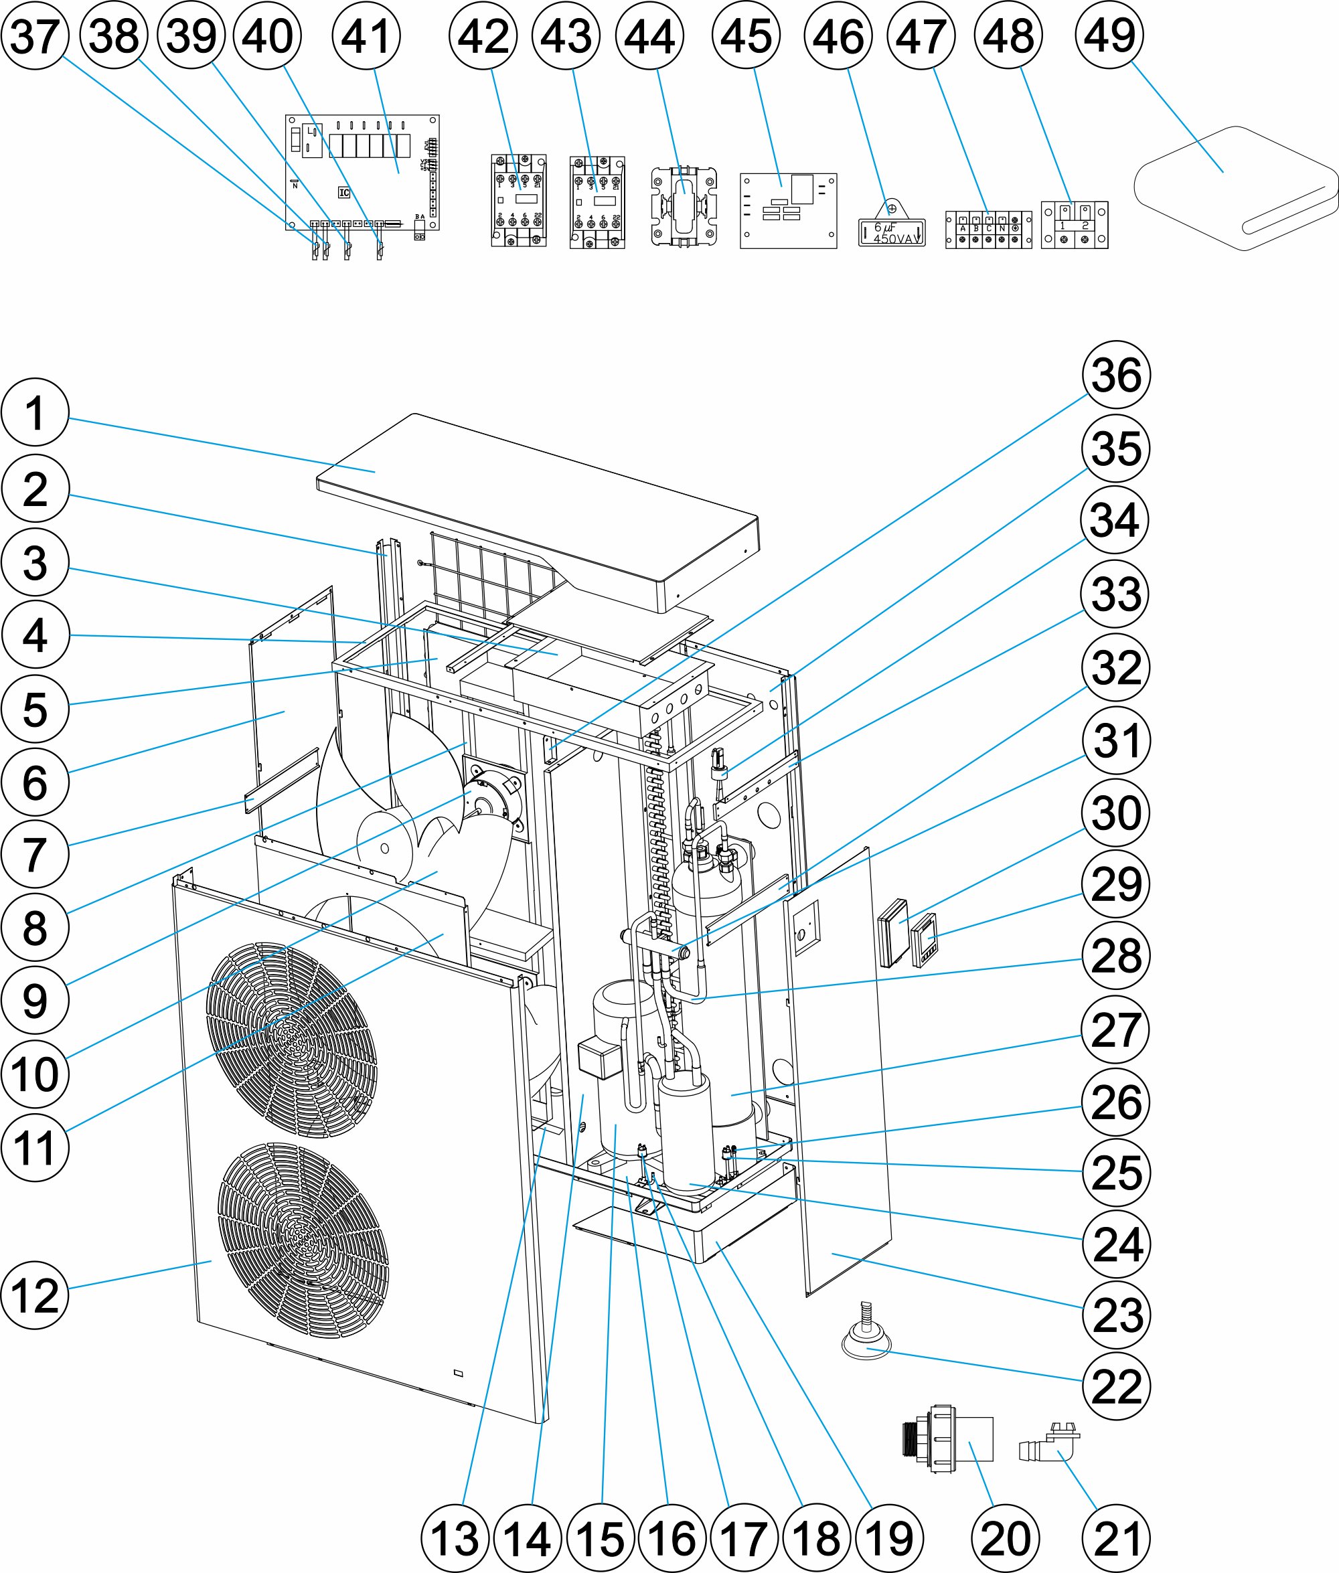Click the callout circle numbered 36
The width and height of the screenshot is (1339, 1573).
1116,375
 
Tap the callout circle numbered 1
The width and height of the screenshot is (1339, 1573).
35,413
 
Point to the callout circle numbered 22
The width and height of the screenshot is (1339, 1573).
1116,1386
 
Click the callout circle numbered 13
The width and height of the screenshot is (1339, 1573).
455,1538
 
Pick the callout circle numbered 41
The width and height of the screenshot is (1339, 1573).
366,35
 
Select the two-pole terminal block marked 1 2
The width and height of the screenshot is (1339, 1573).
1074,226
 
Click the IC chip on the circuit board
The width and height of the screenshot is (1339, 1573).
344,193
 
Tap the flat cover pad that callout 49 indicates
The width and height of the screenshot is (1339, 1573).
1236,188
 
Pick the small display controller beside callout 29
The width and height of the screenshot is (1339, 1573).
925,940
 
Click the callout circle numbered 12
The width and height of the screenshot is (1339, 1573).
35,1295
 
